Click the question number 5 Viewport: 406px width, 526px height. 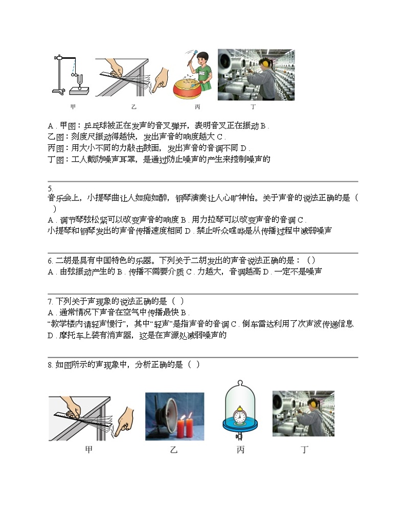coord(50,188)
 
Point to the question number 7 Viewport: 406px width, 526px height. coord(50,301)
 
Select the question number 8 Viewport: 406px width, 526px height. coord(50,365)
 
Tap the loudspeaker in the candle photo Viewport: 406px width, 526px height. coord(162,416)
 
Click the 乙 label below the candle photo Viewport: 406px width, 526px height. coord(174,450)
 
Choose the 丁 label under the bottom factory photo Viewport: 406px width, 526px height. coord(305,450)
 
